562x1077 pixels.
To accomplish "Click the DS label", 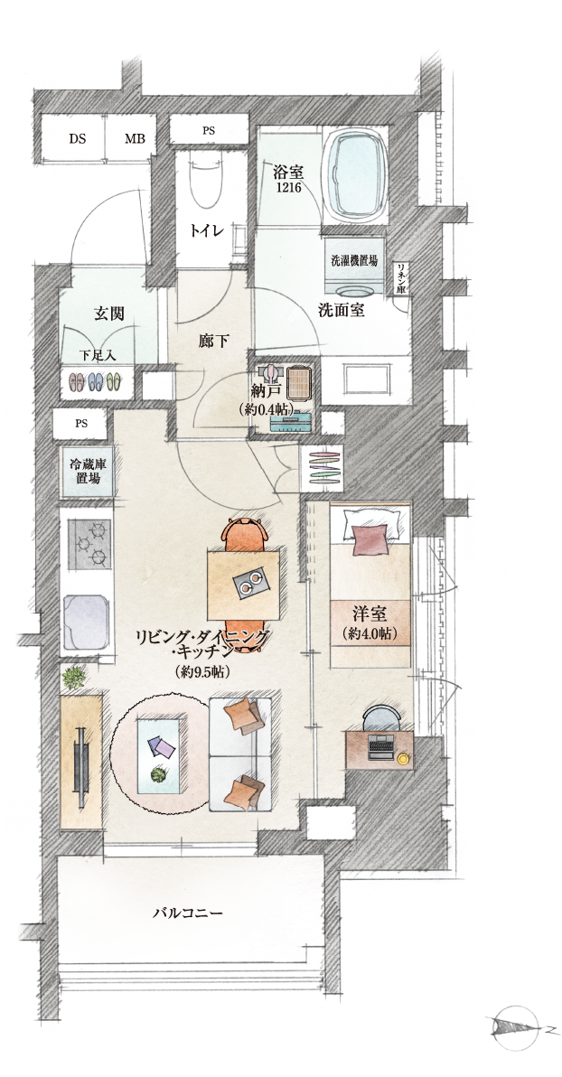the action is [78, 139].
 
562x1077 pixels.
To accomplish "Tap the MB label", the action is [135, 139].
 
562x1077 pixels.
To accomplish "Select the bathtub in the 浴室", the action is [355, 174].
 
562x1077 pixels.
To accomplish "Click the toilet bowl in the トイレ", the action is [208, 181].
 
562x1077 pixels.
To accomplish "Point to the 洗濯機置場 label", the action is [354, 261].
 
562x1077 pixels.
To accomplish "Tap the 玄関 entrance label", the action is [108, 314].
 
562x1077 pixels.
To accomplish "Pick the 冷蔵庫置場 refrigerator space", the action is [88, 472].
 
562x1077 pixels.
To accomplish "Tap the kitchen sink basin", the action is [88, 622].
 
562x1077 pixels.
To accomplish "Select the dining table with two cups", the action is [243, 585].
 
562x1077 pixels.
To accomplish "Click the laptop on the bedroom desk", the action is [379, 747].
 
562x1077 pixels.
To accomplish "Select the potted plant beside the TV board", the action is [75, 678].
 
